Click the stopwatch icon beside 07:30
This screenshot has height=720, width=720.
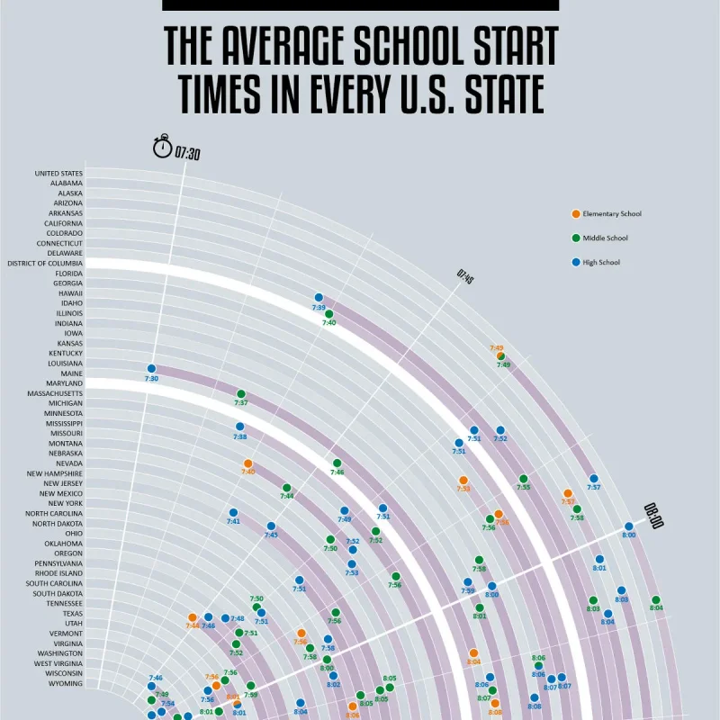[x=163, y=147]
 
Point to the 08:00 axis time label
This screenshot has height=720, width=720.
[x=652, y=516]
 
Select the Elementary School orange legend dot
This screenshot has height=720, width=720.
[x=576, y=213]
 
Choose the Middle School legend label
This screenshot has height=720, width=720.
[x=605, y=238]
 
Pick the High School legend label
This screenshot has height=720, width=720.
[x=601, y=263]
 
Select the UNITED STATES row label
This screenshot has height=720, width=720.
[x=58, y=174]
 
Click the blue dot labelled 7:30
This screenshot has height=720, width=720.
[x=151, y=368]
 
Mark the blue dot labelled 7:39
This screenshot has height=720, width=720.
[x=319, y=297]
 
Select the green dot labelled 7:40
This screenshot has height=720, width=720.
[x=329, y=313]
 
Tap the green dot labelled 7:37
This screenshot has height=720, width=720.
[x=241, y=393]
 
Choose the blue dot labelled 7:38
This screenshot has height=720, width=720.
[x=240, y=427]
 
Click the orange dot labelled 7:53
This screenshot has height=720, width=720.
[x=463, y=480]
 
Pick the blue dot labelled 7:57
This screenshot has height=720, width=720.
[x=594, y=478]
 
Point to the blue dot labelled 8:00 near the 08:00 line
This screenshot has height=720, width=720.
[x=629, y=526]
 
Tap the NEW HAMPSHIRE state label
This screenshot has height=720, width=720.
[x=55, y=473]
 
